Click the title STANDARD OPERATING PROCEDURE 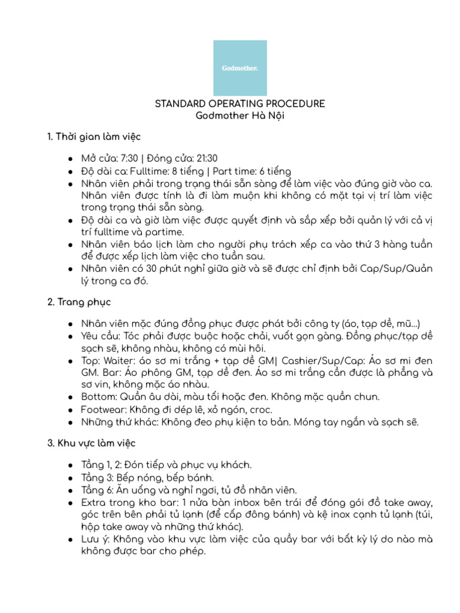[x=240, y=104]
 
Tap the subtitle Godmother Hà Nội [x=240, y=116]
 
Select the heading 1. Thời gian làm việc [x=94, y=137]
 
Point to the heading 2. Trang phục [x=79, y=302]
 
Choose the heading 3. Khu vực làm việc [x=92, y=443]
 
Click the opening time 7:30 [x=129, y=159]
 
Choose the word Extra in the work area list [x=93, y=502]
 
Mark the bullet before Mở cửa [x=71, y=159]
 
